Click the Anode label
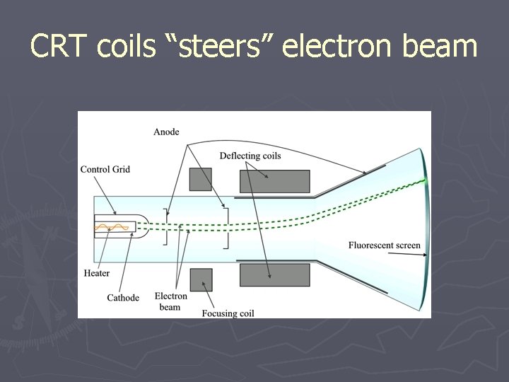click(x=166, y=132)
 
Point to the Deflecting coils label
click(x=250, y=156)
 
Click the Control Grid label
click(x=105, y=170)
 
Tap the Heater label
click(x=96, y=273)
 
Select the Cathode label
click(x=123, y=298)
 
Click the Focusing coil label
click(x=228, y=313)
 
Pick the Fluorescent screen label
click(x=384, y=245)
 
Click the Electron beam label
click(x=170, y=301)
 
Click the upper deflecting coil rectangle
click(x=275, y=181)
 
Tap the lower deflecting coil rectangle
click(x=275, y=274)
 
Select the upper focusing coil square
click(x=201, y=179)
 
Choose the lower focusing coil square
click(x=201, y=279)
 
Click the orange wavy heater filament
click(x=112, y=227)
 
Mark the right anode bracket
click(x=226, y=227)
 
